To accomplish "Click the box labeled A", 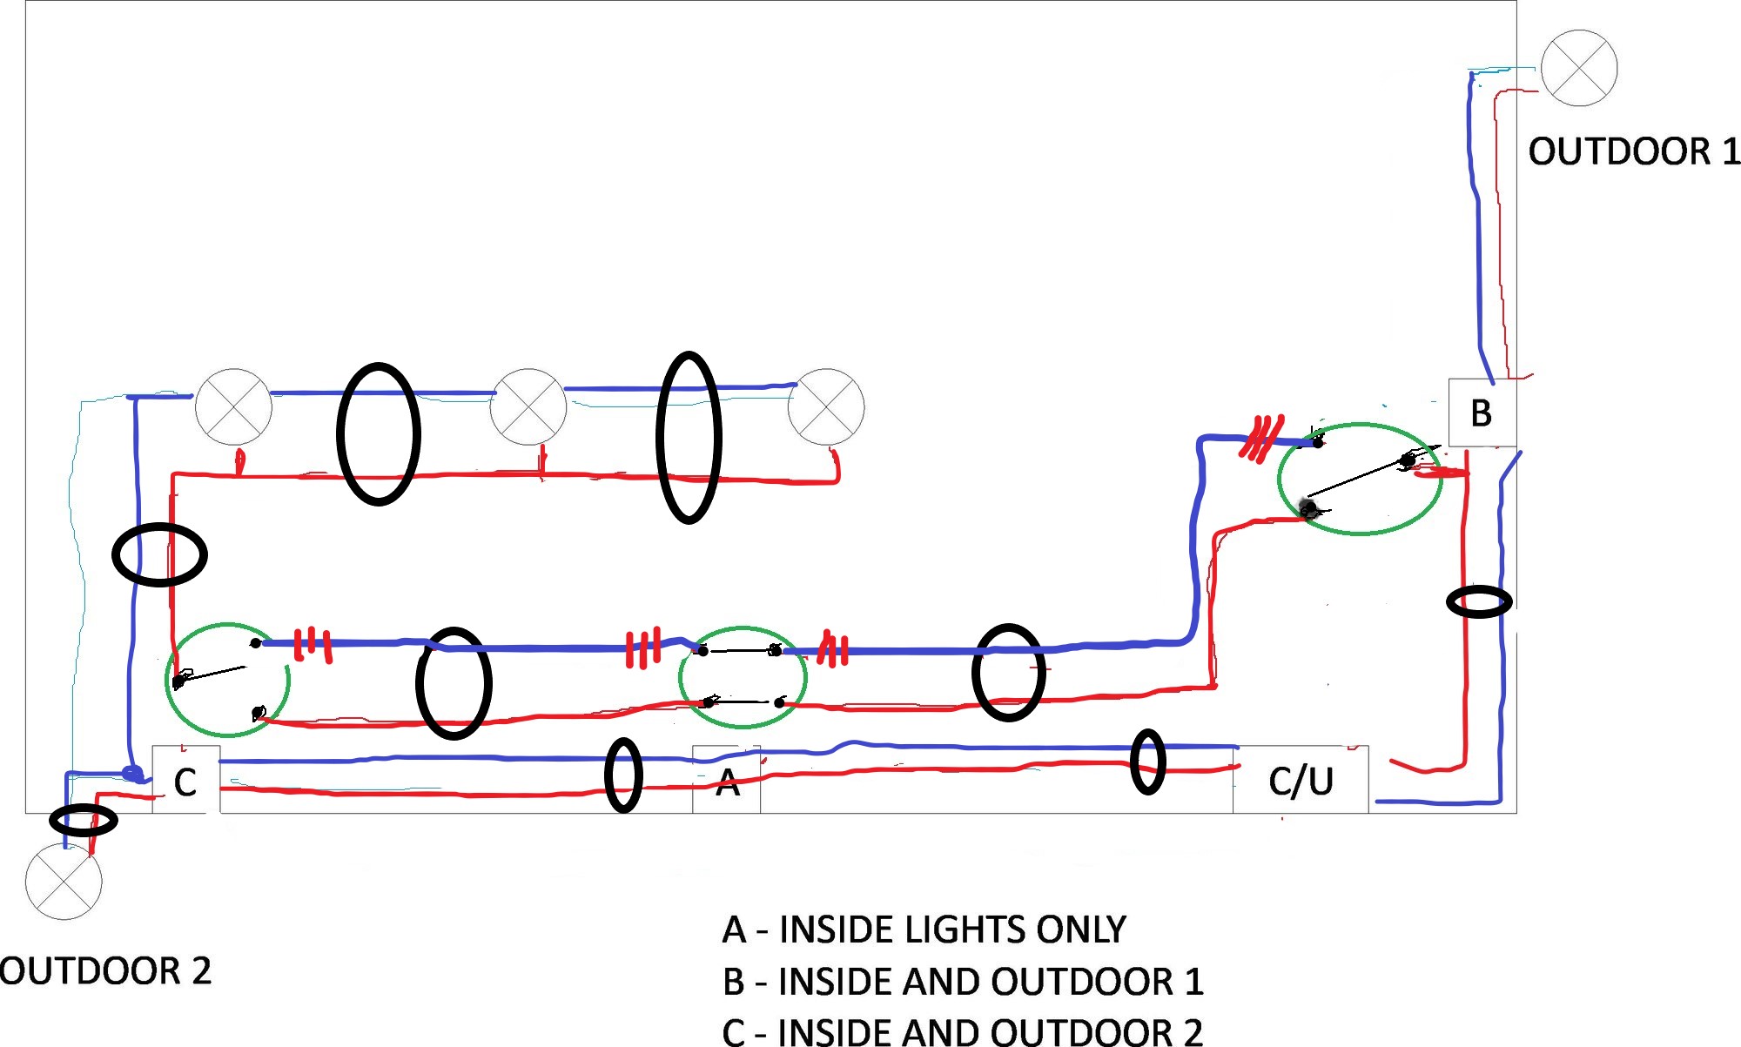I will (x=726, y=781).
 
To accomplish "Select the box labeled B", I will (x=1482, y=413).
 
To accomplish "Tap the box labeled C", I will (x=185, y=781).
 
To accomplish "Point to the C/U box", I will (x=1301, y=781).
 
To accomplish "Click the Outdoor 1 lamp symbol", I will (x=1578, y=68).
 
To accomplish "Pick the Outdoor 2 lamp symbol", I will (x=64, y=881).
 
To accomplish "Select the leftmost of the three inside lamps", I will (x=233, y=406).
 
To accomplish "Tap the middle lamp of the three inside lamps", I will (x=528, y=406).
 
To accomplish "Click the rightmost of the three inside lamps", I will (x=826, y=406).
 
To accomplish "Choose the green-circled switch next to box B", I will (x=1360, y=479).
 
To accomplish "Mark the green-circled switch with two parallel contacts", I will (x=743, y=677).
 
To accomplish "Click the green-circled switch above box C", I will (x=227, y=679).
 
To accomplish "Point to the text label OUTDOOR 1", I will (x=1634, y=151).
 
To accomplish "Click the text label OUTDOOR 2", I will (x=105, y=971).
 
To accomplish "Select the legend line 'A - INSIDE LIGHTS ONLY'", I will (x=924, y=930).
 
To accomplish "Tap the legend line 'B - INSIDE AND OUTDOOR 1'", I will (x=963, y=982).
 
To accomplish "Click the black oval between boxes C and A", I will (x=623, y=775).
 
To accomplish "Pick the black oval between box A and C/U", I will (x=1147, y=762).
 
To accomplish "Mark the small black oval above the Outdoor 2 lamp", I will (x=84, y=820).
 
